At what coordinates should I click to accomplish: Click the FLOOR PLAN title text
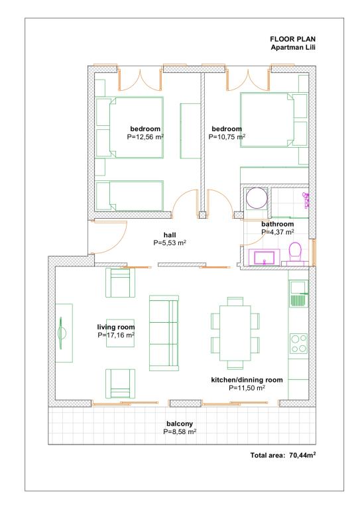[292, 39]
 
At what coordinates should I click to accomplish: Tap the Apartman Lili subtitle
[293, 48]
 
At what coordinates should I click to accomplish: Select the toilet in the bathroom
[295, 253]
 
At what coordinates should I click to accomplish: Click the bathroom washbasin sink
[265, 257]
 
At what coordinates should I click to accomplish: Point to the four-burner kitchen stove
[298, 343]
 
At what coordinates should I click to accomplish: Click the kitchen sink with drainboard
[298, 294]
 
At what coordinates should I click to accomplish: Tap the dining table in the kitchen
[235, 333]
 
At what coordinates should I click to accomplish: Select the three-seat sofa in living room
[164, 333]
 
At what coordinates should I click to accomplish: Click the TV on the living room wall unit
[62, 333]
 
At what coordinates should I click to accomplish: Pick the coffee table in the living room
[120, 333]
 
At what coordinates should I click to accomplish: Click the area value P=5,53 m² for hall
[170, 243]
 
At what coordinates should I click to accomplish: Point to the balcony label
[180, 424]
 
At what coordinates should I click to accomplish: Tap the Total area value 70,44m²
[302, 455]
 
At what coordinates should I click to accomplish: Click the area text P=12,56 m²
[145, 137]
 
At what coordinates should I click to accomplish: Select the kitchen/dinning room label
[247, 380]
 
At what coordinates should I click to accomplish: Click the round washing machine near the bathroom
[257, 198]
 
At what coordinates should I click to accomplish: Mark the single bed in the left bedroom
[130, 196]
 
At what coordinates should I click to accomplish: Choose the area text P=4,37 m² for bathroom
[278, 232]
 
